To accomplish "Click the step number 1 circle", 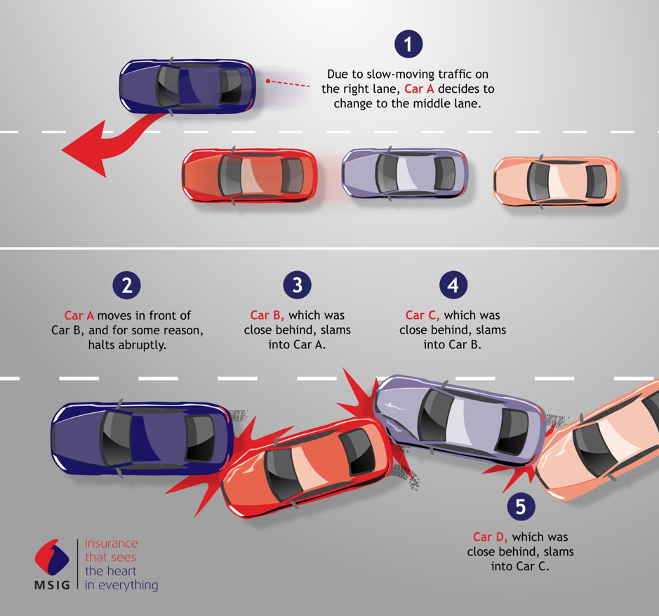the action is (408, 44).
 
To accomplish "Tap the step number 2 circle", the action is (126, 285).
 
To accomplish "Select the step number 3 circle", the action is (297, 285).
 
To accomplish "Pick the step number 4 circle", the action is (453, 285).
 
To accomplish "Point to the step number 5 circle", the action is (521, 506).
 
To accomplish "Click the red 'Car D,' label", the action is (490, 537).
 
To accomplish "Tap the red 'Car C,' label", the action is (422, 315).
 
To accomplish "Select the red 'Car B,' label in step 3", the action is (267, 315).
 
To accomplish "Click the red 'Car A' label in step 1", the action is (419, 89).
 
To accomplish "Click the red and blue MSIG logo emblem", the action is (52, 558).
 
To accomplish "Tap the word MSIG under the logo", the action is (52, 585).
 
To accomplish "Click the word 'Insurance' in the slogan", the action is (112, 543).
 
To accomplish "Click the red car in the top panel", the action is (250, 176).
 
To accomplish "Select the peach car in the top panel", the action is (557, 182).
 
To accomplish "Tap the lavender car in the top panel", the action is (405, 173).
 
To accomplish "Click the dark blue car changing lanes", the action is (187, 86).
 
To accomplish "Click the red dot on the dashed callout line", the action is (267, 81).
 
